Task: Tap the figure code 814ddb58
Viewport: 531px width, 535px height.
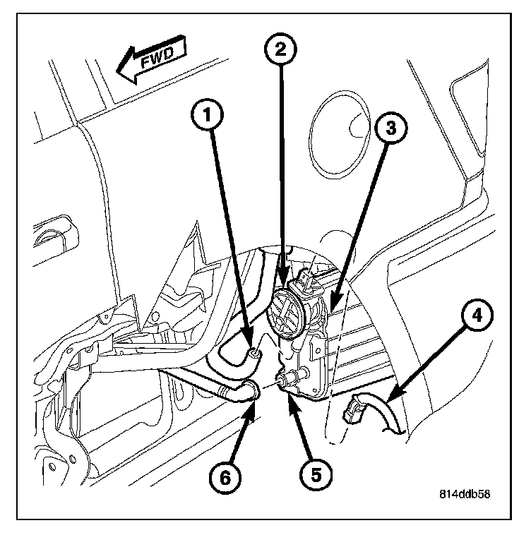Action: (x=462, y=494)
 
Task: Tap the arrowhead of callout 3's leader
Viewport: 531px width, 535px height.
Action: (x=330, y=308)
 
